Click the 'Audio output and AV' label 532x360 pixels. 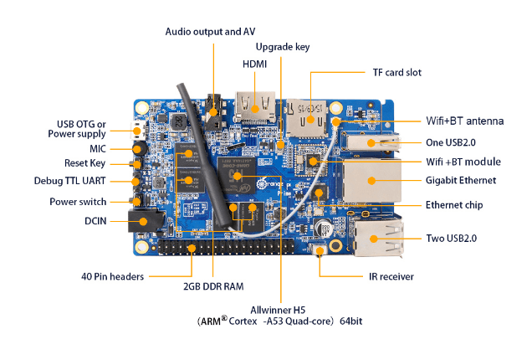210,31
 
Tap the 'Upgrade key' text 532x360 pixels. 283,47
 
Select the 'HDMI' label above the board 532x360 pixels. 255,64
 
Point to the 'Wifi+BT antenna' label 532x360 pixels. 465,121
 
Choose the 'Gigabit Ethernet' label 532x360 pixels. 461,180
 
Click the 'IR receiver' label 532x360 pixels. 391,276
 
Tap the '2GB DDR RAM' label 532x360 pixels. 213,286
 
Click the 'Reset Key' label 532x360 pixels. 85,163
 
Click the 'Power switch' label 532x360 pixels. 78,202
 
